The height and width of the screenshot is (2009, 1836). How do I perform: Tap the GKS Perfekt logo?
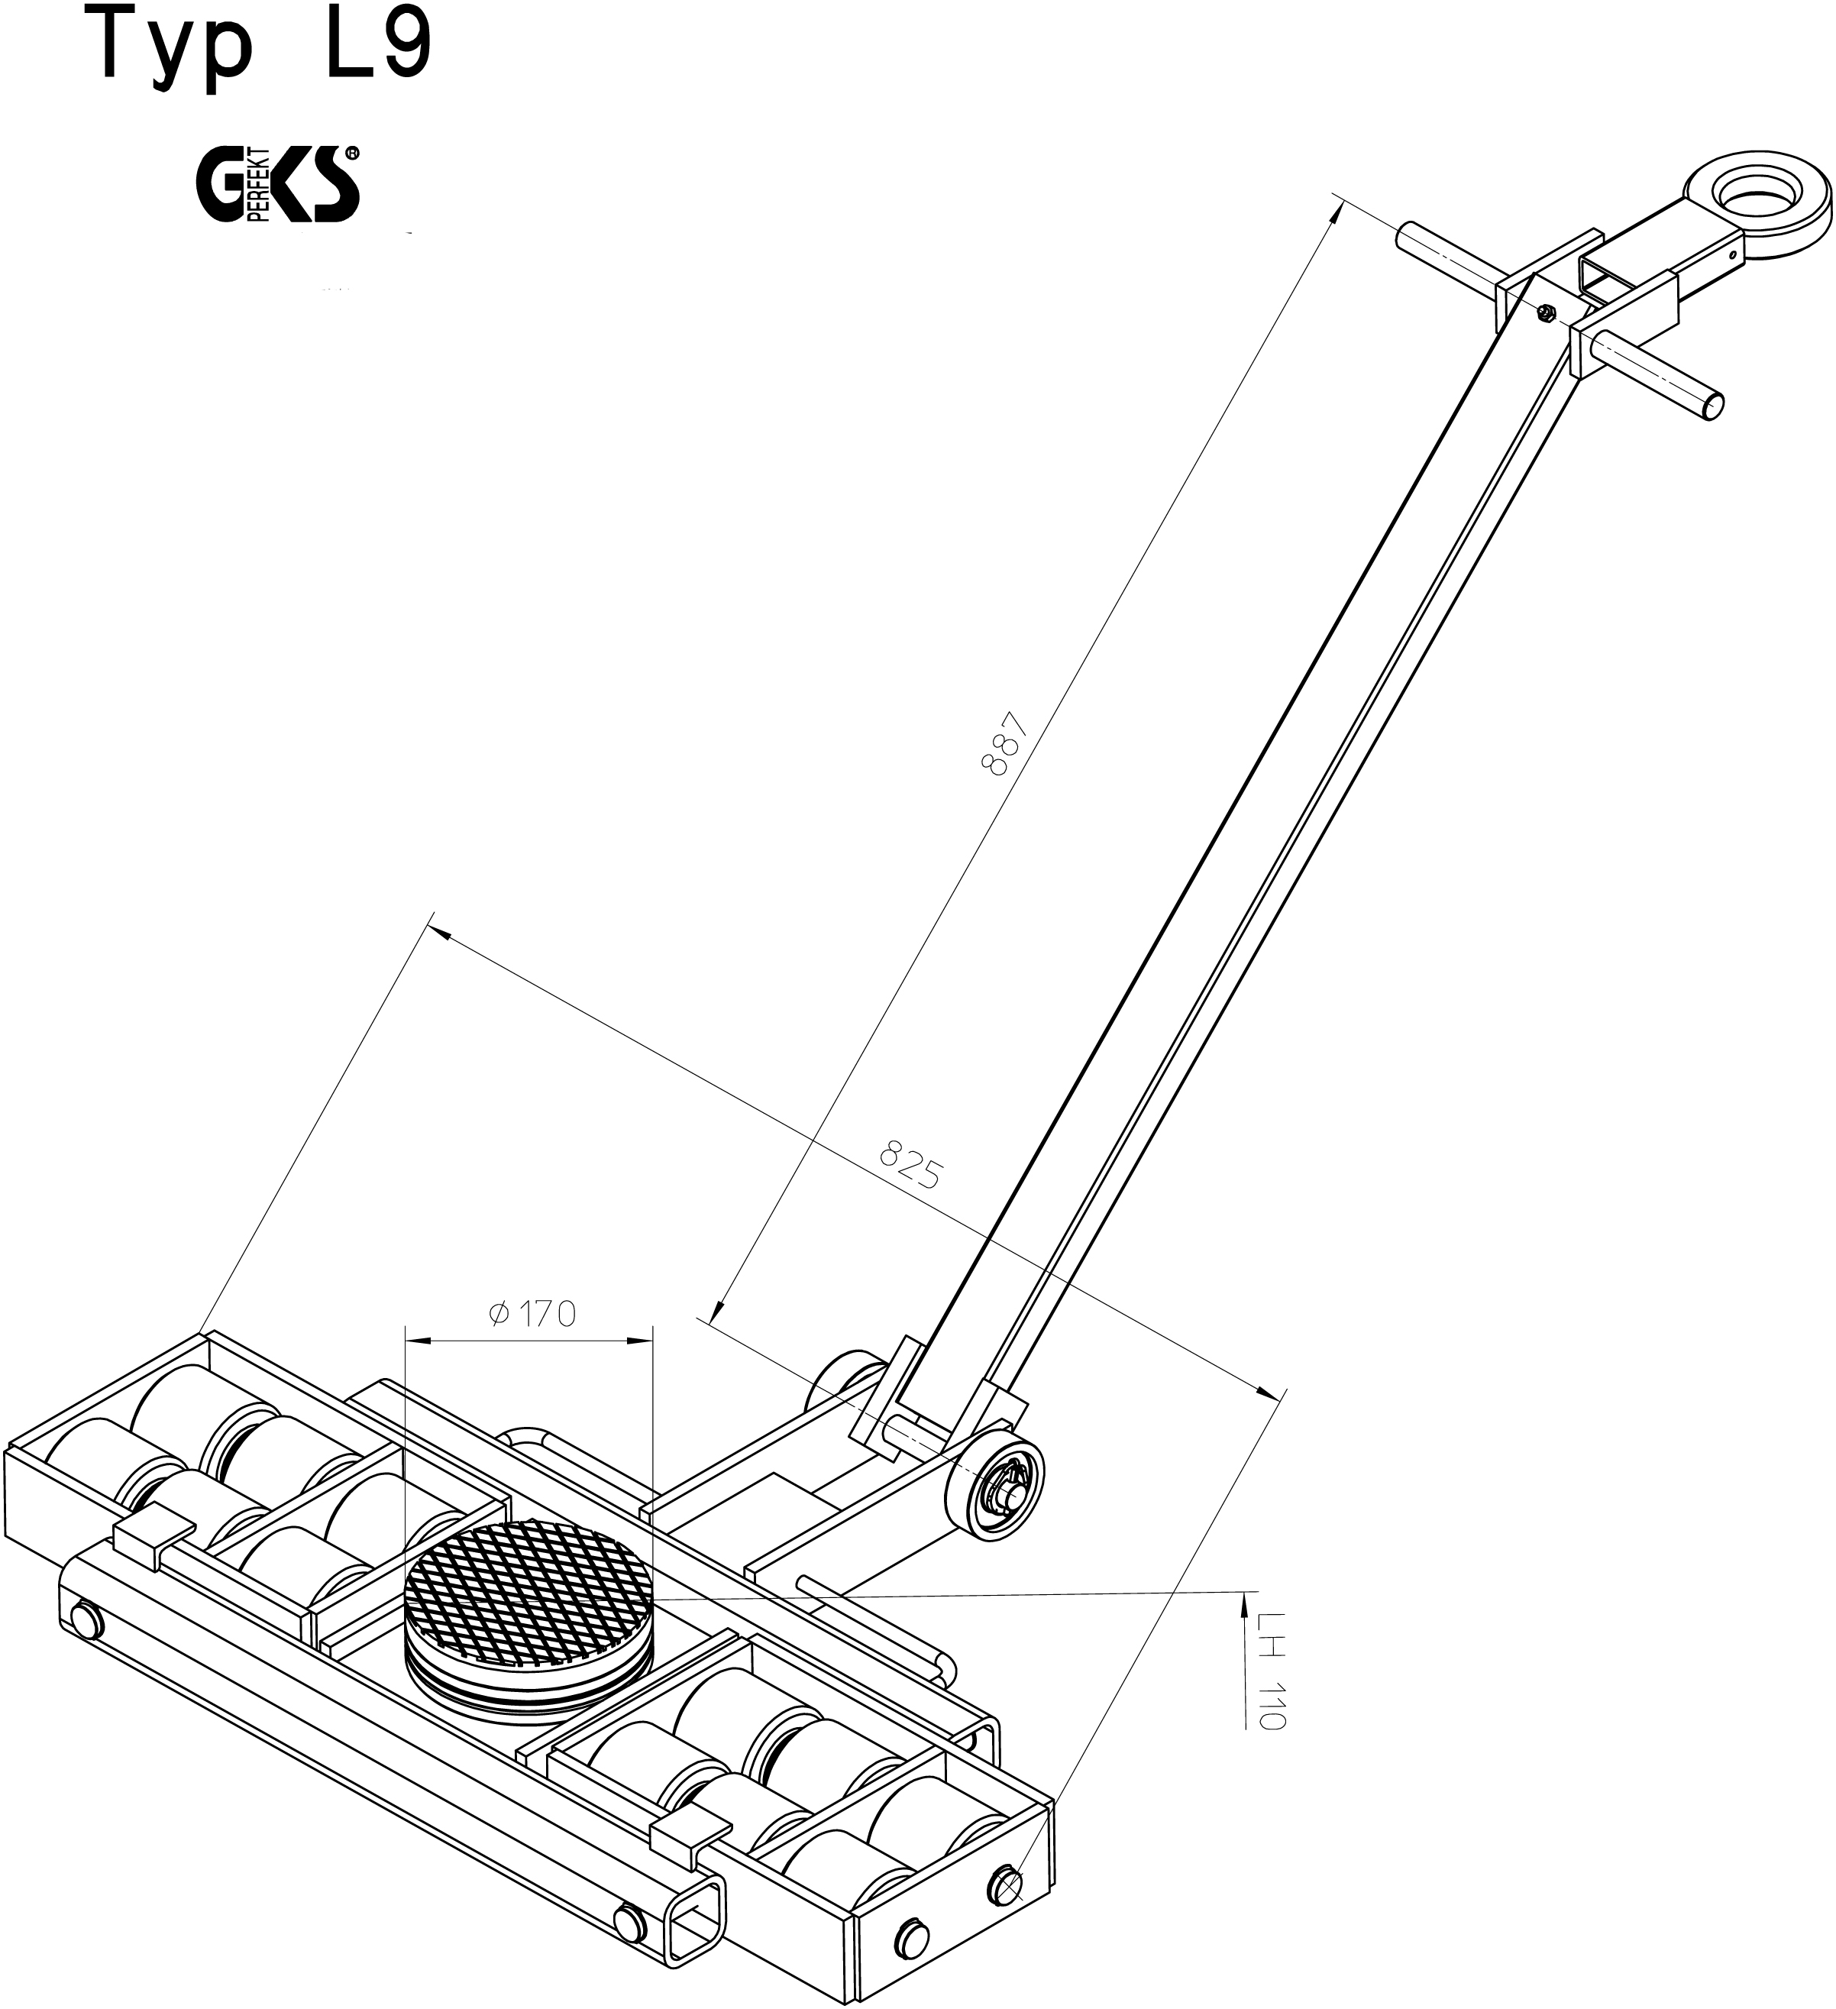tap(279, 184)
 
